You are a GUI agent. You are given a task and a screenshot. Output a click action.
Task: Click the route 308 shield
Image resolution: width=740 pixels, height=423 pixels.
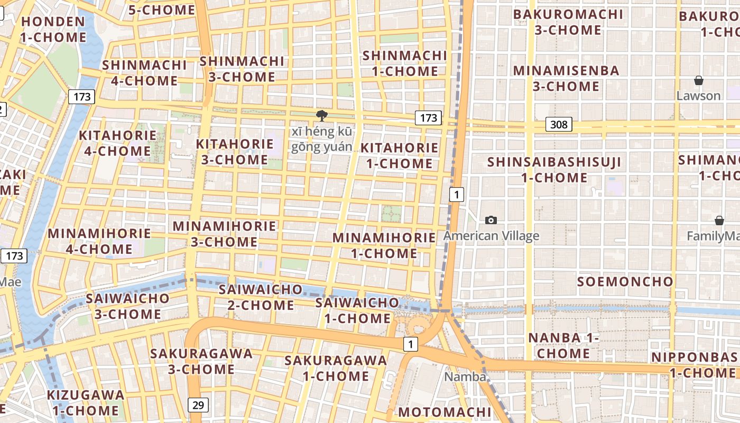[559, 124]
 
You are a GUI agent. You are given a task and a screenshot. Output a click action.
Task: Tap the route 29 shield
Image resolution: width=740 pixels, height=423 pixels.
[198, 405]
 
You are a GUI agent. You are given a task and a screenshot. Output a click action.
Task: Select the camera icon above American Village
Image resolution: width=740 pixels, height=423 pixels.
[491, 220]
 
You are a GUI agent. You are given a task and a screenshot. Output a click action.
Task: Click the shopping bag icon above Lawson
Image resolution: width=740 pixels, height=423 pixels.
[699, 81]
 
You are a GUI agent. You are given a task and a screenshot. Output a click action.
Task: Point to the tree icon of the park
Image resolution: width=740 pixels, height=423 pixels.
[321, 116]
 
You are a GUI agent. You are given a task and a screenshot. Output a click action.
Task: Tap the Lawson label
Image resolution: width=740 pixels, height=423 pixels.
[698, 96]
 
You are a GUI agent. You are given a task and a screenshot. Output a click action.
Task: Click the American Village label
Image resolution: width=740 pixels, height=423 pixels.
[491, 236]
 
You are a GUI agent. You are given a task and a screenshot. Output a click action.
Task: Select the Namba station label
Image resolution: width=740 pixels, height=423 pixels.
[465, 377]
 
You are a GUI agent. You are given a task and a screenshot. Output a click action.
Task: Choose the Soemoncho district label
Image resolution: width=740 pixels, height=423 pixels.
[625, 281]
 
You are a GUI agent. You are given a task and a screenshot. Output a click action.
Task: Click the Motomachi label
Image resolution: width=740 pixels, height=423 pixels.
[445, 412]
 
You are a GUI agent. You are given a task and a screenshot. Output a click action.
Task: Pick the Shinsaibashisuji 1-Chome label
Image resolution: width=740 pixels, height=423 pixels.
[554, 169]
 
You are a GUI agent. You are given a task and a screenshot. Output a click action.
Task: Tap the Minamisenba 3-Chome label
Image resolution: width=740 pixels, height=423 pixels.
[566, 78]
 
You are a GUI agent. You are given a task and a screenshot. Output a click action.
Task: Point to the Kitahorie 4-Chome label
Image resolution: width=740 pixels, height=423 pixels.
[117, 143]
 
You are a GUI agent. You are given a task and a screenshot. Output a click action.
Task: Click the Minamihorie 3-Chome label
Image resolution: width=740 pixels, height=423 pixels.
[224, 234]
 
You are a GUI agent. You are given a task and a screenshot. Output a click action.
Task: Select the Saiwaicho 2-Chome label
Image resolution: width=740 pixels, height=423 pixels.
[261, 297]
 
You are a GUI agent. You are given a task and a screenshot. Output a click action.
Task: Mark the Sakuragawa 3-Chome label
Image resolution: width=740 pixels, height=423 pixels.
[201, 361]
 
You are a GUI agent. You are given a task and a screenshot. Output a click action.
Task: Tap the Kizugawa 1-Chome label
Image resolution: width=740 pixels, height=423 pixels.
[86, 402]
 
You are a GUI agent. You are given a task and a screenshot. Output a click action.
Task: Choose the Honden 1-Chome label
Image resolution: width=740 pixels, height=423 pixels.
[53, 30]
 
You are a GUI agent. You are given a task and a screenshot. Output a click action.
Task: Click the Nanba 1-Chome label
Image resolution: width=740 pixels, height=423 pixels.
[563, 345]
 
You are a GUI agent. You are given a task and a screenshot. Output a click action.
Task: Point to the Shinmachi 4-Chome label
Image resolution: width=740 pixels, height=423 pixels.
[144, 73]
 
